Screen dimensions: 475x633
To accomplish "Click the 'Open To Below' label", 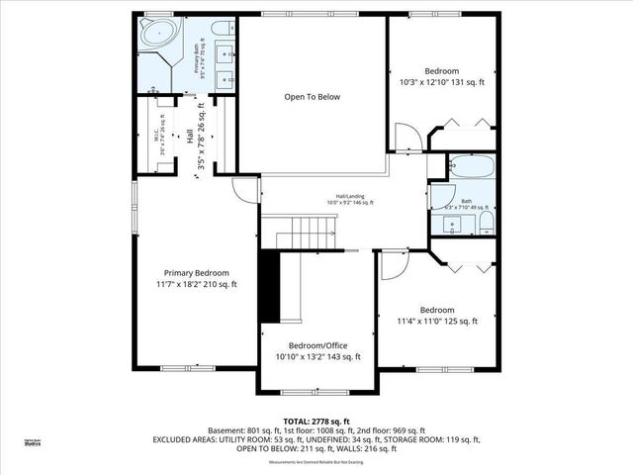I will click(x=313, y=97).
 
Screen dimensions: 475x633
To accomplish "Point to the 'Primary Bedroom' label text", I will click(x=197, y=273).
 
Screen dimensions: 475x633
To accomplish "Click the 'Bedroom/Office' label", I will click(x=317, y=345).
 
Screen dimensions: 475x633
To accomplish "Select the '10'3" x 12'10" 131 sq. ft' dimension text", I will click(x=441, y=84).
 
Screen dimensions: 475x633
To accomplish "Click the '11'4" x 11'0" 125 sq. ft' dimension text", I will click(x=437, y=321).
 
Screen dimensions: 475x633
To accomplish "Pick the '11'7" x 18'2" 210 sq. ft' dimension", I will click(x=197, y=285).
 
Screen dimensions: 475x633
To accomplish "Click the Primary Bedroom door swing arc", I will click(x=244, y=188).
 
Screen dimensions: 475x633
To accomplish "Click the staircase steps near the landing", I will click(x=297, y=237).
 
